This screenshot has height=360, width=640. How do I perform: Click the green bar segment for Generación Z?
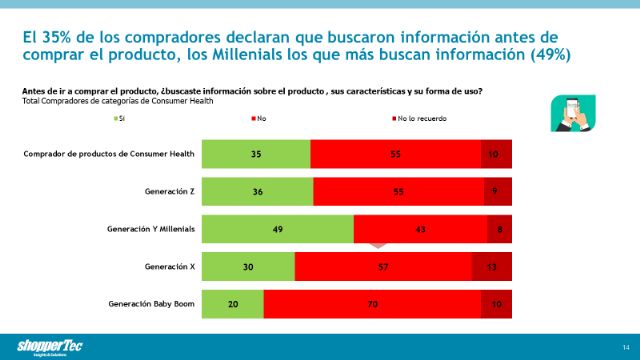(257, 191)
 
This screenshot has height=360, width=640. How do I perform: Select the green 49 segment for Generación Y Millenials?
(278, 229)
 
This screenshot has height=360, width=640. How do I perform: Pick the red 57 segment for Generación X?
(383, 266)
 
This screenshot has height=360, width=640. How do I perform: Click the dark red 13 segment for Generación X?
(491, 266)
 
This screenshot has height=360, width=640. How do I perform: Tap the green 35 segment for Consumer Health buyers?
(256, 154)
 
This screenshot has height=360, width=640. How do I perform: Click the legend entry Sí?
(118, 118)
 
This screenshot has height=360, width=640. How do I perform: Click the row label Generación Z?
(169, 191)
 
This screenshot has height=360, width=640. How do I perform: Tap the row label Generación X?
(169, 266)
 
